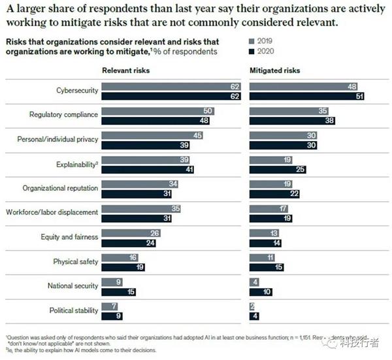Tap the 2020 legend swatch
click(x=251, y=50)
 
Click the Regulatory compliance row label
click(x=64, y=115)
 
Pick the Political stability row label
click(x=73, y=310)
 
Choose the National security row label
click(x=73, y=286)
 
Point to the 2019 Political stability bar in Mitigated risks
click(x=252, y=306)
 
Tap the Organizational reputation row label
click(x=60, y=188)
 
